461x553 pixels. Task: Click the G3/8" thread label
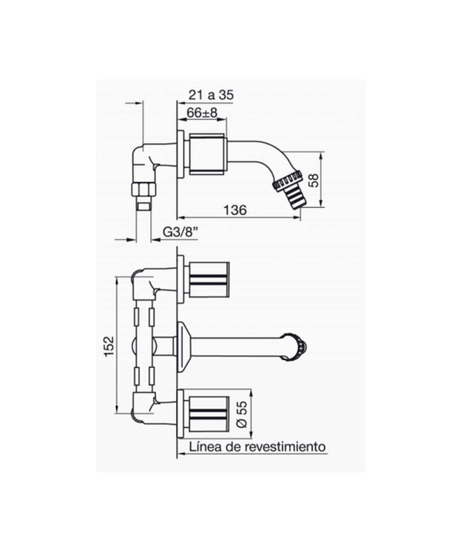(x=180, y=232)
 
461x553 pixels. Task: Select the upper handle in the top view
(x=208, y=279)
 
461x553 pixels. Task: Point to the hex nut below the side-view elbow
(x=143, y=191)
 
